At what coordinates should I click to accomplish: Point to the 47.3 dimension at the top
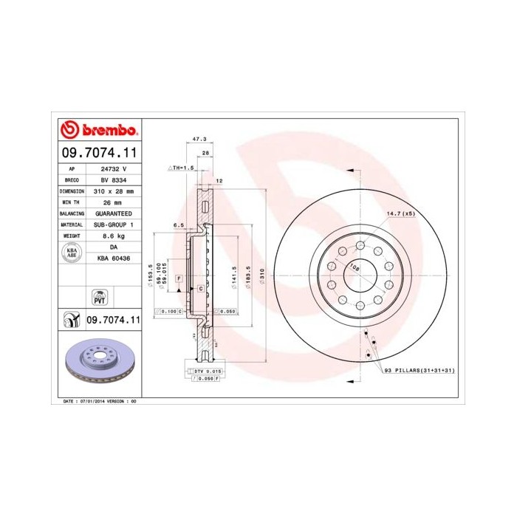(x=199, y=138)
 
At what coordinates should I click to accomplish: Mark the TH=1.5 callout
(x=182, y=168)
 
